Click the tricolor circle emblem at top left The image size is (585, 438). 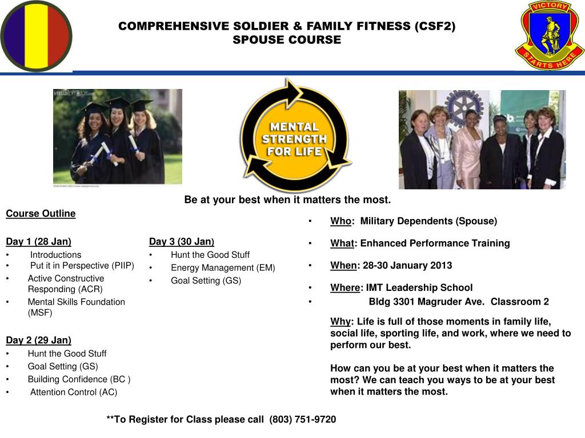pos(36,36)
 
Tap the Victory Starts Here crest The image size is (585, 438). pos(549,35)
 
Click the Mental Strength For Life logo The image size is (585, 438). pos(295,136)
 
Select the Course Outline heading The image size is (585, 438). pos(41,213)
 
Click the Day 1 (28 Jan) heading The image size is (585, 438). pos(38,241)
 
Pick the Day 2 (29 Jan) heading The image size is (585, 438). pos(38,340)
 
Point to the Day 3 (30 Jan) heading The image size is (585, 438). pos(182,241)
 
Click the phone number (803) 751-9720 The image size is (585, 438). pos(303,419)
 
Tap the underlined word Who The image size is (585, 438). pos(340,221)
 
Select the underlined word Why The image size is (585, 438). pos(340,322)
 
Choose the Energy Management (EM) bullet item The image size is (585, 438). pos(223,268)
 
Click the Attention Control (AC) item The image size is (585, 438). pos(74,392)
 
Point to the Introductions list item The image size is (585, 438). pos(55,255)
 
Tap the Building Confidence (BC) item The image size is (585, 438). pos(79,379)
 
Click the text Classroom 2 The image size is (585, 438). pos(520,302)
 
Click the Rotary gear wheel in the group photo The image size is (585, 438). pos(465,107)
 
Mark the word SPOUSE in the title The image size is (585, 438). pos(258,39)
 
